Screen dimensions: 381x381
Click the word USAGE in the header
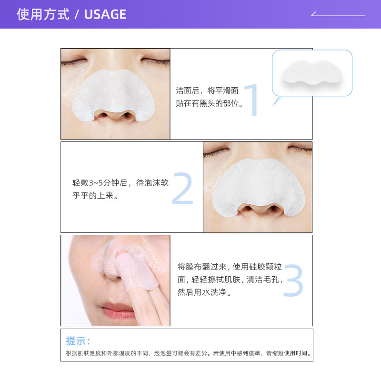tap(105, 14)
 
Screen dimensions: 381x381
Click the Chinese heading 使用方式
tap(42, 14)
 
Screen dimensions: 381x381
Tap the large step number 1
tap(251, 100)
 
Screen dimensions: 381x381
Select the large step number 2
tap(182, 189)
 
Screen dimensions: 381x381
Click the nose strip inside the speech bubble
tap(312, 73)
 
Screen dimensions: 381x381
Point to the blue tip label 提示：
tap(78, 341)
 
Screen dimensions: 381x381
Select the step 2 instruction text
tap(120, 189)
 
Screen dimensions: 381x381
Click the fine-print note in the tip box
tap(189, 353)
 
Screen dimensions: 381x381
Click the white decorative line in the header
tap(338, 15)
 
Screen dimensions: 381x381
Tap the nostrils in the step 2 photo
tap(258, 210)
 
